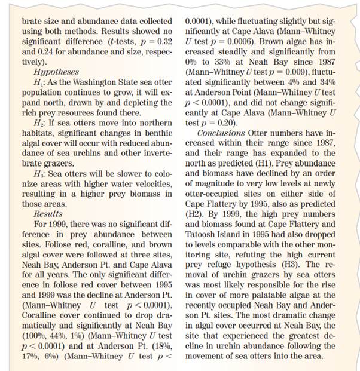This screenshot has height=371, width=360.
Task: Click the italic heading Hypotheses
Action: [56, 72]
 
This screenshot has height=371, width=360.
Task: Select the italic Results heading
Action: [48, 213]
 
